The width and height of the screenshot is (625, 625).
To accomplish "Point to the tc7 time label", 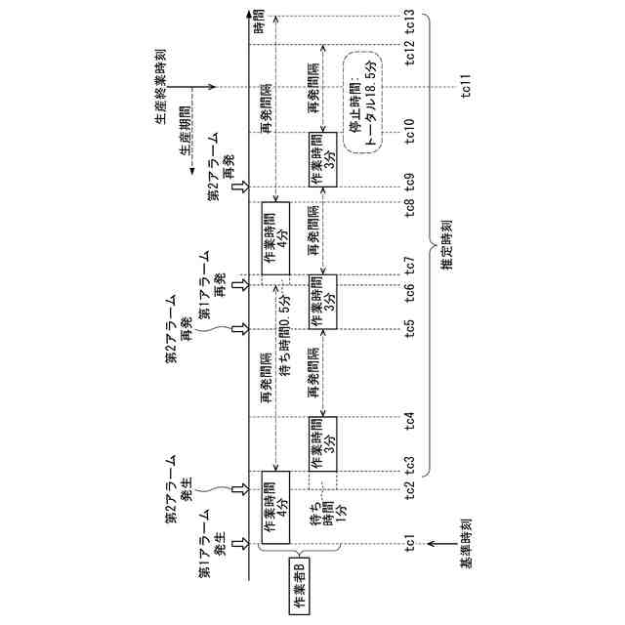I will coord(409,264).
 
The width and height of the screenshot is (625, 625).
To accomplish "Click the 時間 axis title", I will coord(259,21).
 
